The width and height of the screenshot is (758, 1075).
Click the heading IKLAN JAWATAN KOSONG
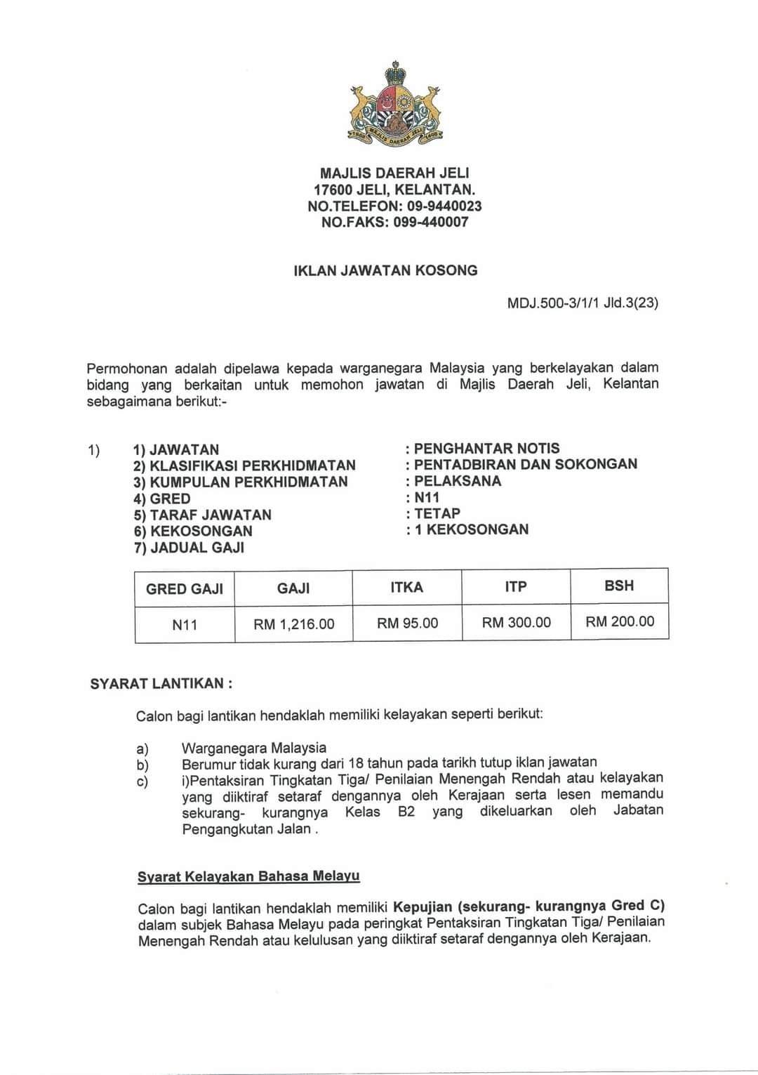385,270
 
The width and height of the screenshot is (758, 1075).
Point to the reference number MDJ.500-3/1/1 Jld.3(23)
582,303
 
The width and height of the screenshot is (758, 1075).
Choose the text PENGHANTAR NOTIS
487,448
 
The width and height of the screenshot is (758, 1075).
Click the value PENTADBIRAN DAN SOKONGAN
526,464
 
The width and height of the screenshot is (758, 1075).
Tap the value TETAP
437,513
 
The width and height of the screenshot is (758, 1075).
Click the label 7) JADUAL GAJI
189,548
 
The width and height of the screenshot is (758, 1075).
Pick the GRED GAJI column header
185,588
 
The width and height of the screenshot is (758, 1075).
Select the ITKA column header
407,587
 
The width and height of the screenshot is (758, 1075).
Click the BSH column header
619,586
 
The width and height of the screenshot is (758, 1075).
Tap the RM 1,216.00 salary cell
294,624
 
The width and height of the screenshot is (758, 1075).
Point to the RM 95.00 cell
407,623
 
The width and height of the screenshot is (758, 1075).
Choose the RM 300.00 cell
516,622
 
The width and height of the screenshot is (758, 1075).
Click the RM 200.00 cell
619,621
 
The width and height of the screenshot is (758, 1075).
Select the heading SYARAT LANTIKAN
161,683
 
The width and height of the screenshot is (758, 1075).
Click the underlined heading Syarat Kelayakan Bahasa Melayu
248,876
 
